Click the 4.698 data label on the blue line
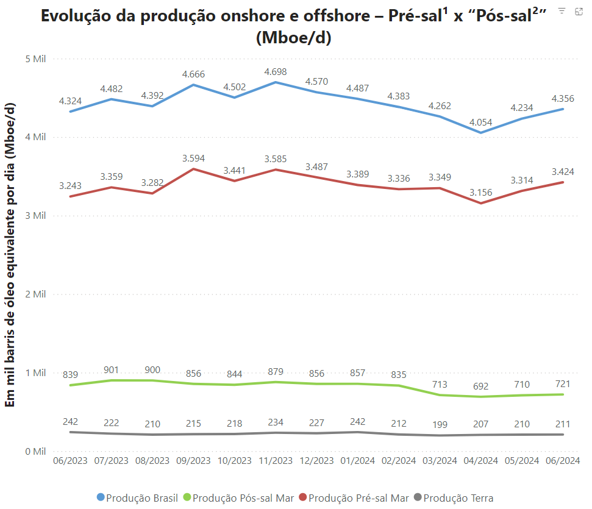point(276,72)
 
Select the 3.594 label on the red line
point(194,158)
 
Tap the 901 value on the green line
point(112,369)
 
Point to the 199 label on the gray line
point(440,424)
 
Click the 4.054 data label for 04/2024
point(481,122)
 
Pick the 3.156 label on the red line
point(481,193)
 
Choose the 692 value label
point(481,386)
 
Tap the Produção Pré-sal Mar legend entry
point(358,498)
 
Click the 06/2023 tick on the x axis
point(70,461)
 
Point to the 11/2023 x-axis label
point(276,461)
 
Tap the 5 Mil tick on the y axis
point(35,59)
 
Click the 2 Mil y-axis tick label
point(35,294)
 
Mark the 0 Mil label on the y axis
point(35,451)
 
